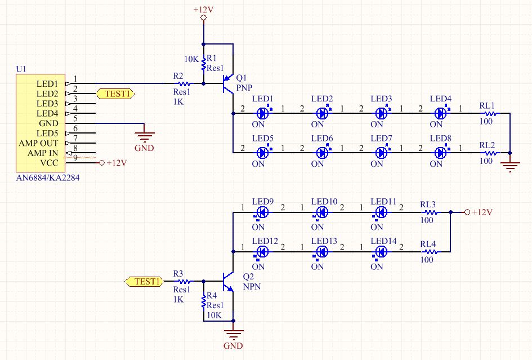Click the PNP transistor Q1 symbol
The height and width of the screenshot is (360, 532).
click(x=227, y=83)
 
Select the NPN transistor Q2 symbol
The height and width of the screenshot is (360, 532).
click(x=227, y=281)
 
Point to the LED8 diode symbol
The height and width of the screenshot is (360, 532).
click(x=440, y=152)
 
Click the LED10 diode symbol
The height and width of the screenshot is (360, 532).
click(x=322, y=212)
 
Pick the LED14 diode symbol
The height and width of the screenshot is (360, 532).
click(x=381, y=252)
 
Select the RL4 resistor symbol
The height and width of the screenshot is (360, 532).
click(x=430, y=252)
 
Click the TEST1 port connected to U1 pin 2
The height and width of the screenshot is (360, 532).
click(x=115, y=94)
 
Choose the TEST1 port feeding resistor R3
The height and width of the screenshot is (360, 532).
click(x=144, y=281)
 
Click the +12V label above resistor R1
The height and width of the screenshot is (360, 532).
click(x=203, y=10)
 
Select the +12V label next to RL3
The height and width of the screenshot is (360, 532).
click(x=482, y=212)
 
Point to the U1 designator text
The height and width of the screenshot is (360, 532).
click(x=21, y=69)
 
